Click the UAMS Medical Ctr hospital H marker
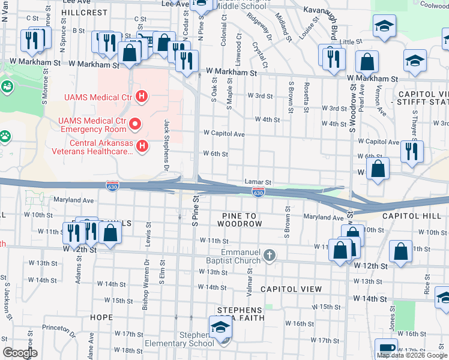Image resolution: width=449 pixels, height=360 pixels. point(142,96)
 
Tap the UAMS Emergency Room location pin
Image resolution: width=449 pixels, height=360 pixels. point(135,125)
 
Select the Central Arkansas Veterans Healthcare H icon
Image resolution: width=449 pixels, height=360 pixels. point(142,146)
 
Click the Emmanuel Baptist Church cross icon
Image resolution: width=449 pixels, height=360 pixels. point(270,256)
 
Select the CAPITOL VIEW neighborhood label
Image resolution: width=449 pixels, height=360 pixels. point(291,289)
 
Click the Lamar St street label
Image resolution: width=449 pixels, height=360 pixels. point(258,181)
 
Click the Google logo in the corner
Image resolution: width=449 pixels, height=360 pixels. point(20,353)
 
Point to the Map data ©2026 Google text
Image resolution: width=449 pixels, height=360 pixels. point(412,355)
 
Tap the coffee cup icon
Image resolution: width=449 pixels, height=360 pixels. point(386,348)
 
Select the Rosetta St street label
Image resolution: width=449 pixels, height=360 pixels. point(306,97)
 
